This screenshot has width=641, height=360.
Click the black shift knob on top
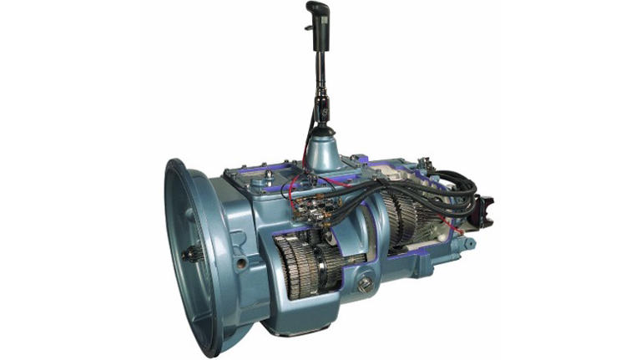pyautogui.click(x=319, y=15)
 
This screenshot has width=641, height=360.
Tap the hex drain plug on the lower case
pyautogui.click(x=366, y=283)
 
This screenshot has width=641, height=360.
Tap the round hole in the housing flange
pyautogui.click(x=241, y=263)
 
